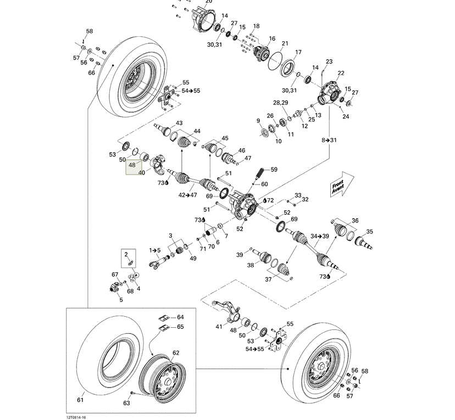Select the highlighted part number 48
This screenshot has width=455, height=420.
tap(132, 165)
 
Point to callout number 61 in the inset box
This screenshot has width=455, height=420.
tap(80, 400)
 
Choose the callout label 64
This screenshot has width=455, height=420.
tap(180, 317)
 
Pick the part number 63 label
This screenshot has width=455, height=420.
tap(126, 403)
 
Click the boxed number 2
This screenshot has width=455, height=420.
tap(126, 254)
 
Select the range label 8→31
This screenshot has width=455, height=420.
tap(329, 140)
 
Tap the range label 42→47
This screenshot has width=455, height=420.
tap(187, 194)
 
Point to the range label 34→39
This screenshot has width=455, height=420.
tap(320, 236)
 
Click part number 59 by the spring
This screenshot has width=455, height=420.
tap(274, 170)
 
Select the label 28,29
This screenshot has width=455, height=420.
tap(280, 103)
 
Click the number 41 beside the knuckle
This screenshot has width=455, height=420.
tap(219, 327)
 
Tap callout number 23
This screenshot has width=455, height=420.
tap(329, 61)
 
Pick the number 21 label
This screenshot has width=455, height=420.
tap(285, 43)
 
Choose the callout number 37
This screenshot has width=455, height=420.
tap(269, 279)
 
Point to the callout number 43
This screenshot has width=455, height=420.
tap(179, 123)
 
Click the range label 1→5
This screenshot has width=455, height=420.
tap(154, 250)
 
